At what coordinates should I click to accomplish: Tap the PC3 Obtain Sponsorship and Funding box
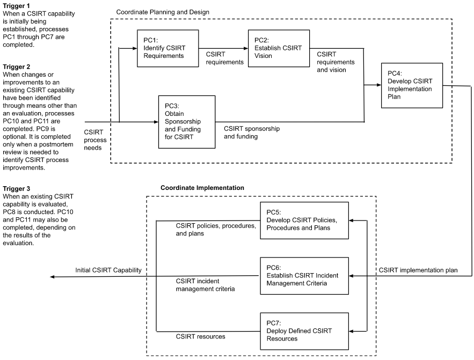pyautogui.click(x=186, y=122)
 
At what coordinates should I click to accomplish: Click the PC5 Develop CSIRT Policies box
pyautogui.click(x=304, y=221)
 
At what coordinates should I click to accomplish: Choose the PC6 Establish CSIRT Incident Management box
pyautogui.click(x=304, y=276)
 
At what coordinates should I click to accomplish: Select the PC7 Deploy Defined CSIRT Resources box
pyautogui.click(x=304, y=331)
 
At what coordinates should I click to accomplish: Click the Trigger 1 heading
pyautogui.click(x=17, y=5)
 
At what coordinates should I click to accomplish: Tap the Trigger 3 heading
pyautogui.click(x=17, y=189)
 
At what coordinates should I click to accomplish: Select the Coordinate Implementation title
pyautogui.click(x=202, y=188)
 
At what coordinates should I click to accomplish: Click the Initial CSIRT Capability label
pyautogui.click(x=108, y=271)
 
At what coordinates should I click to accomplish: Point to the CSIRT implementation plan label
pyautogui.click(x=418, y=270)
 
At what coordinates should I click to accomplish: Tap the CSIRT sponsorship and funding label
pyautogui.click(x=252, y=133)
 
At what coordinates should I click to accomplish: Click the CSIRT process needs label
pyautogui.click(x=96, y=139)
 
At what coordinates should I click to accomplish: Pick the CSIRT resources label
pyautogui.click(x=201, y=336)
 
